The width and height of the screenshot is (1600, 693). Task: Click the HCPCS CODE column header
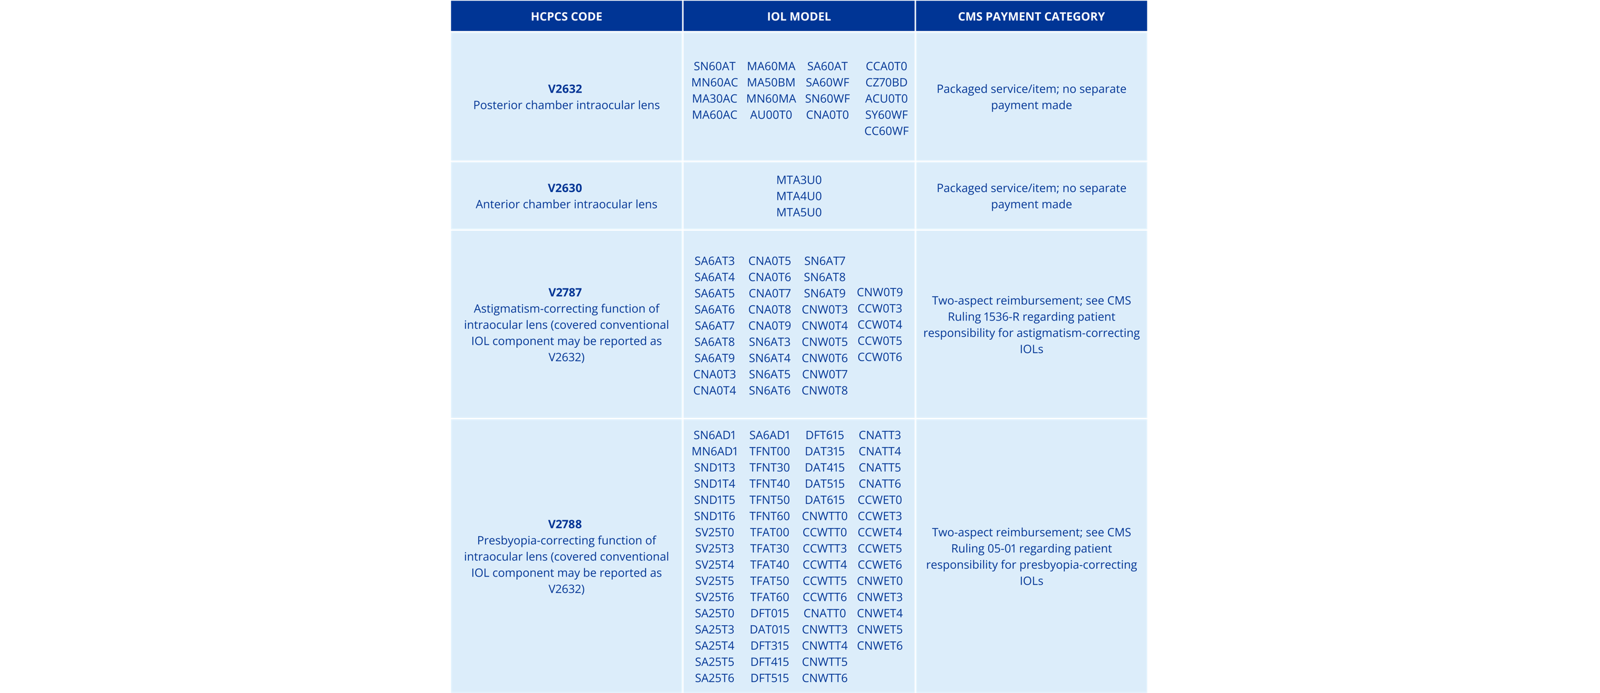coord(566,17)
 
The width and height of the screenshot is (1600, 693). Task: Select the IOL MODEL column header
coord(798,17)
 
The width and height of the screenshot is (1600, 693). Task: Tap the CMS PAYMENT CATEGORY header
coord(1031,17)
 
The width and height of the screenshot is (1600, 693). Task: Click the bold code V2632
coord(565,89)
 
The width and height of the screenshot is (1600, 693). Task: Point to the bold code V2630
coord(565,188)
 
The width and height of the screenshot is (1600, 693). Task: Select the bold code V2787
coord(565,293)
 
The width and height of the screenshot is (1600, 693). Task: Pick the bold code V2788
coord(565,524)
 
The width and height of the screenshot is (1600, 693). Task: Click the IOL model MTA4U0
coord(799,196)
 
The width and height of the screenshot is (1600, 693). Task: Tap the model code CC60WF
coord(886,131)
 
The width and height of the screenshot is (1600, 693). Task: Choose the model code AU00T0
coord(771,115)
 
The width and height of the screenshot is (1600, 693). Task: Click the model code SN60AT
coord(715,67)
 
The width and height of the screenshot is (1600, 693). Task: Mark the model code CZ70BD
coord(886,82)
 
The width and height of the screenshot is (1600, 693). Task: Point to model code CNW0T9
coord(879,293)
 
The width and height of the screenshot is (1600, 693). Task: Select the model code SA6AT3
coord(715,262)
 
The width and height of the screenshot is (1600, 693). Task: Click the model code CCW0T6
coord(879,357)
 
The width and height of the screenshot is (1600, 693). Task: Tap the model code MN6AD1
coord(715,451)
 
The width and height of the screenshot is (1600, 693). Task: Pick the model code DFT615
coord(824,436)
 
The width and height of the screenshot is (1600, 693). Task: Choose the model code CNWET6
coord(879,646)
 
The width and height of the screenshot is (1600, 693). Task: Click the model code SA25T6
coord(715,678)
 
